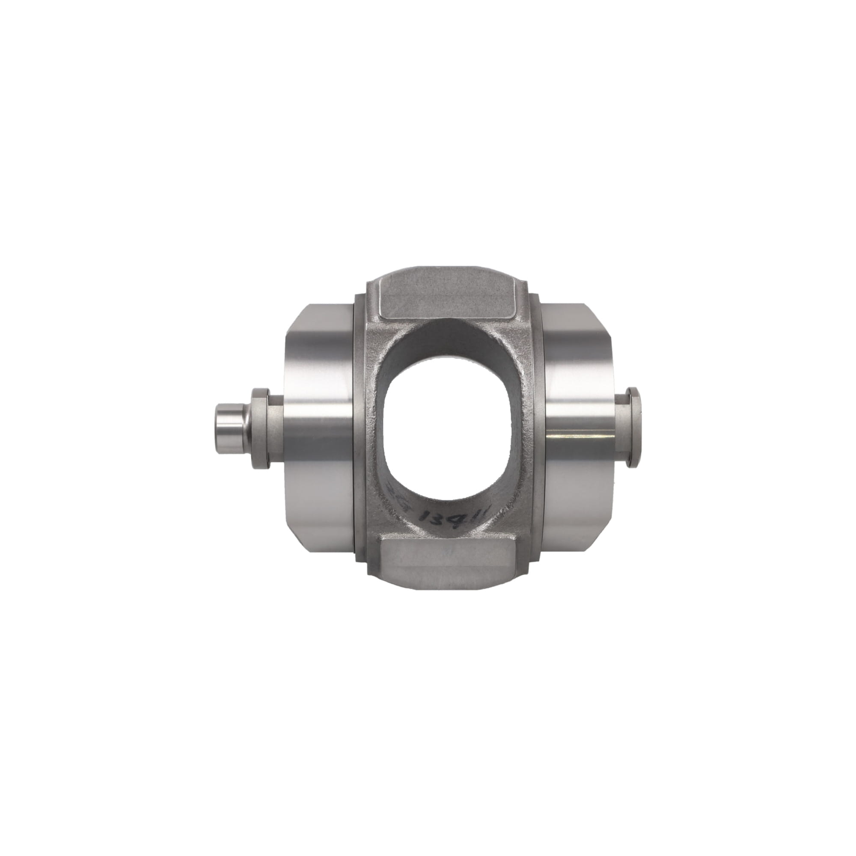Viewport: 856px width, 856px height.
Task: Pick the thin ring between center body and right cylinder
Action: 539,428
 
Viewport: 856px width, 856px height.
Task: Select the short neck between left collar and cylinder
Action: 276,428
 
